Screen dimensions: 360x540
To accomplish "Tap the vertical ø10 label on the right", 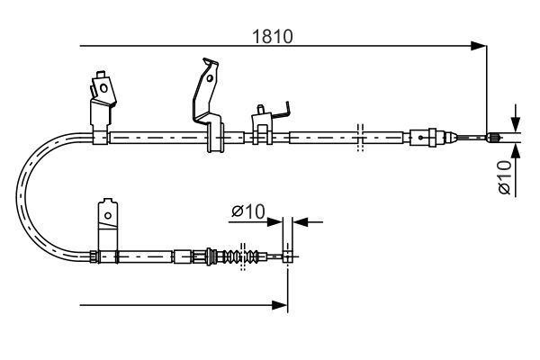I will coord(505,175).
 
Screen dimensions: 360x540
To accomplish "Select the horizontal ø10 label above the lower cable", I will coord(246,211).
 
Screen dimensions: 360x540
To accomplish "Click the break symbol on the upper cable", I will coord(359,137).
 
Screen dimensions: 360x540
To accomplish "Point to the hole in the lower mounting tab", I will coord(108,214).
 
